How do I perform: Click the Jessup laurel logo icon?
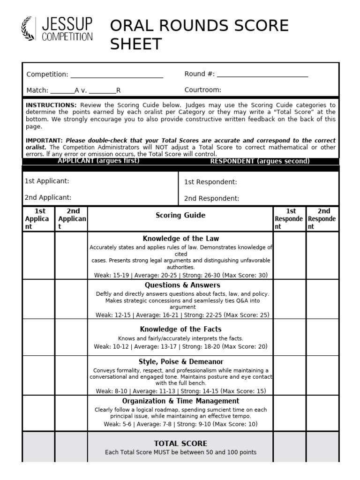coord(29,29)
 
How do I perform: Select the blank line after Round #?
coord(262,75)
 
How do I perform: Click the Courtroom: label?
coord(202,90)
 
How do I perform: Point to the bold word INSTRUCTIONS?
coord(51,105)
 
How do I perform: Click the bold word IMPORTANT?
coord(44,140)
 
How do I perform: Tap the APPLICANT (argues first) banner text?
coord(98,161)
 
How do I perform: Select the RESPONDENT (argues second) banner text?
coord(260,161)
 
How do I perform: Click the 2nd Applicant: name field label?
coord(48,197)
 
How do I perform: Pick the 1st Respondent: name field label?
coord(210,182)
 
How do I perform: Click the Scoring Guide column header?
coord(180,216)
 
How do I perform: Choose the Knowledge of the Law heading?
coord(180,239)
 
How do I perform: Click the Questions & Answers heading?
coord(182,285)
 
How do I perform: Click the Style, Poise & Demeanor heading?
coord(181,361)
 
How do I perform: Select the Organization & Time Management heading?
coord(180,401)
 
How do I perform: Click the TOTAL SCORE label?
coord(180,443)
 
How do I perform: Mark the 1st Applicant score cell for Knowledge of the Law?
coord(38,255)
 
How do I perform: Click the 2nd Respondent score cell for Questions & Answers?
coord(322,299)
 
